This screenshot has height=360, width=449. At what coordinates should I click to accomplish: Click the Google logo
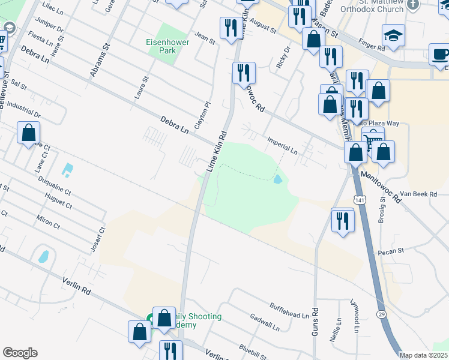click(x=20, y=353)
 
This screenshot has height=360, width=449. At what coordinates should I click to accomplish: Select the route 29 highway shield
click(x=381, y=314)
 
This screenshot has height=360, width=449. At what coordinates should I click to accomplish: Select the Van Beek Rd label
click(x=416, y=194)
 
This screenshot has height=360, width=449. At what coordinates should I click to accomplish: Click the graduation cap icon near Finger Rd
click(x=393, y=37)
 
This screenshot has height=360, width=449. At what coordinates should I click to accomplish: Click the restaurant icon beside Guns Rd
click(x=343, y=221)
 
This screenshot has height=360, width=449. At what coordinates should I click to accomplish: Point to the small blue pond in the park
click(x=277, y=179)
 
